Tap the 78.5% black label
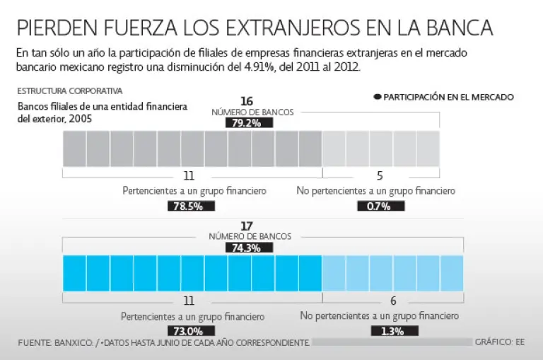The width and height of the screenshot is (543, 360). click(190, 206)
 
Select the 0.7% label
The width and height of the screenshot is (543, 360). click(381, 206)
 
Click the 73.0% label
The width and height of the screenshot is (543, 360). click(189, 331)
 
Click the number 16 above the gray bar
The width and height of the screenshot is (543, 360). click(247, 101)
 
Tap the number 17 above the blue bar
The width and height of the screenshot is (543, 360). click(247, 226)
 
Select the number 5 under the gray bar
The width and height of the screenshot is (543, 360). click(380, 175)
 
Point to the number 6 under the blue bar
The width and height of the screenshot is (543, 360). click(392, 300)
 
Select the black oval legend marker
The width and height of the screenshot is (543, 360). click(378, 97)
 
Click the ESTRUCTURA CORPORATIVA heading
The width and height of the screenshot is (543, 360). click(69, 91)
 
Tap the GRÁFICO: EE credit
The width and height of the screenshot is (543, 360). click(500, 342)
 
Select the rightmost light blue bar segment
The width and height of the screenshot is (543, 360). click(451, 273)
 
